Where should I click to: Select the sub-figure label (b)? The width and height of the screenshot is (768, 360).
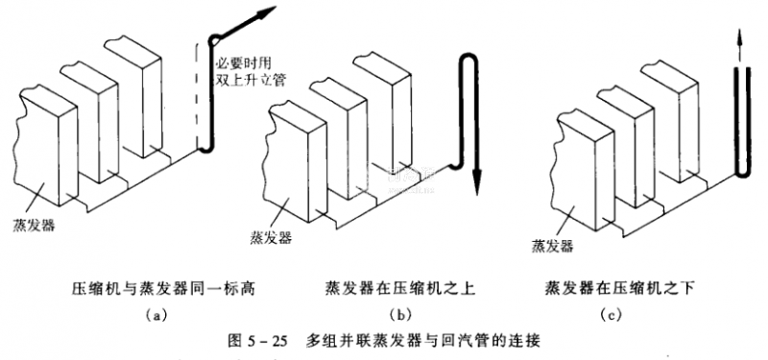(399, 315)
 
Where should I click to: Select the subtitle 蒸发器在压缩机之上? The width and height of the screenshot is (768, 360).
(399, 289)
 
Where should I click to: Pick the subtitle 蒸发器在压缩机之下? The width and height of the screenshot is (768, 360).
(619, 289)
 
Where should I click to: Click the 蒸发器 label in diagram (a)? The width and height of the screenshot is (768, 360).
(35, 227)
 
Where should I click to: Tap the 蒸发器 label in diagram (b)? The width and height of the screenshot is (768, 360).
(272, 238)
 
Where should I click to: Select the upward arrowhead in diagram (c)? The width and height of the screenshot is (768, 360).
(740, 39)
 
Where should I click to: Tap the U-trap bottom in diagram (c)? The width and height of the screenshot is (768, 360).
(742, 174)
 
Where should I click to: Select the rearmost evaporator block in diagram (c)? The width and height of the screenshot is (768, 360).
(669, 123)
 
